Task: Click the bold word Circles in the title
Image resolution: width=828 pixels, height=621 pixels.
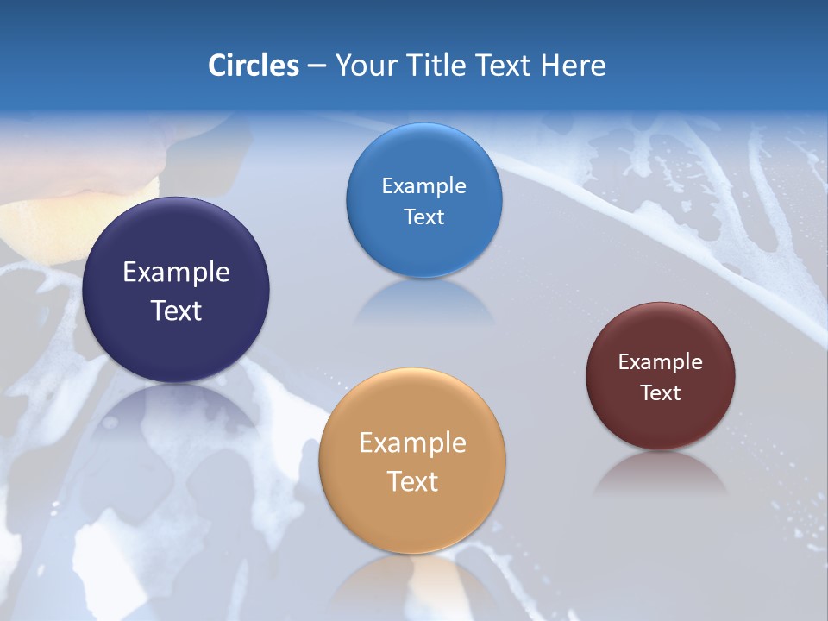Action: pyautogui.click(x=254, y=66)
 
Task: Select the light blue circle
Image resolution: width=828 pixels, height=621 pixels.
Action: pyautogui.click(x=423, y=155)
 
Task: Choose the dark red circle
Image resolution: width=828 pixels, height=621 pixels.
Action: pyautogui.click(x=661, y=423)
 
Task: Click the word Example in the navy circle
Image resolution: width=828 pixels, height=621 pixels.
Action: pyautogui.click(x=176, y=273)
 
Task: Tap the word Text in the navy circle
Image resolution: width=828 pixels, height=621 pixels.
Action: pyautogui.click(x=176, y=310)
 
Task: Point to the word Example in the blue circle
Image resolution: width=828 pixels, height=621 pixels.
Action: pyautogui.click(x=423, y=186)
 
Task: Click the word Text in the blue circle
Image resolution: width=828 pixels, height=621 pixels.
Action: pyautogui.click(x=423, y=217)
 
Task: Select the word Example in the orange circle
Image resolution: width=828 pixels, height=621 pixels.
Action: pyautogui.click(x=412, y=443)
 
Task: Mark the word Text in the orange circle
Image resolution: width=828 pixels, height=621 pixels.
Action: pyautogui.click(x=412, y=481)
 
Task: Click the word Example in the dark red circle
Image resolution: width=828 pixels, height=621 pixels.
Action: pyautogui.click(x=661, y=362)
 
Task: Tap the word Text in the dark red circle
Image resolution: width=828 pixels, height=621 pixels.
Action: pyautogui.click(x=661, y=393)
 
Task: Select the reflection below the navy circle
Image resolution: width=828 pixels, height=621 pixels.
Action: pyautogui.click(x=176, y=414)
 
